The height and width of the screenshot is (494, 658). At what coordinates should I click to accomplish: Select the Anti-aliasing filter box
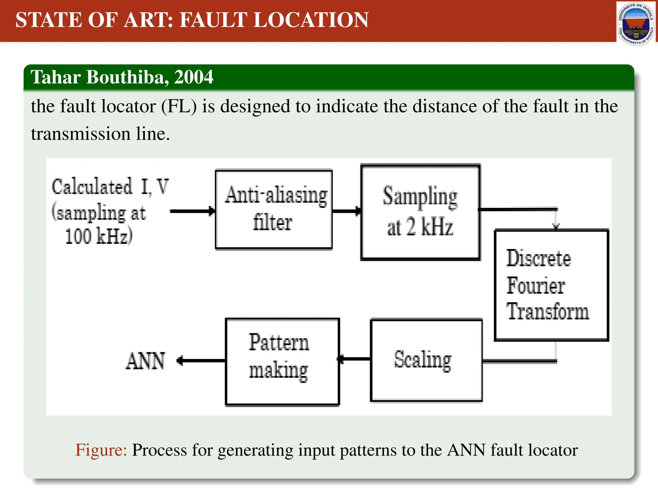click(x=274, y=210)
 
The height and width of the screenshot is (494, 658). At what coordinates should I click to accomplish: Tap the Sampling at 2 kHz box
click(x=420, y=212)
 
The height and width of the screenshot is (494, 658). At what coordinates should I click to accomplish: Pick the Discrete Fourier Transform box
click(x=551, y=285)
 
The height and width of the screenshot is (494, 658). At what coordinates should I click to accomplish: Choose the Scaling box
click(x=426, y=360)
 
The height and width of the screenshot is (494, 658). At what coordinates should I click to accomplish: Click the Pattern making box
click(x=282, y=361)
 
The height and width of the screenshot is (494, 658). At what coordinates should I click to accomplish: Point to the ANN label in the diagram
click(x=145, y=361)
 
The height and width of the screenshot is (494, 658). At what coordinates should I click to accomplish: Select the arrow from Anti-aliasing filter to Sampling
click(x=347, y=211)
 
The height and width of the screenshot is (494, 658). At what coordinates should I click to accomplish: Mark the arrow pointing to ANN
click(x=201, y=361)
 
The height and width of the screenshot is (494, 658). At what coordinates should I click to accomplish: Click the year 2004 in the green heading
click(x=193, y=77)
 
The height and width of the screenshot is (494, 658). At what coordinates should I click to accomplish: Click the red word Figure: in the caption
click(x=101, y=450)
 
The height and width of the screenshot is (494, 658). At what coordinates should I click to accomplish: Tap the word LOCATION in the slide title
click(x=311, y=20)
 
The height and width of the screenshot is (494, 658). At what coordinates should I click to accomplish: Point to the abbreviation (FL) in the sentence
click(x=179, y=106)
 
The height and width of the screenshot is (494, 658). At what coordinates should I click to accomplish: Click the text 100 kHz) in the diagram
click(x=99, y=236)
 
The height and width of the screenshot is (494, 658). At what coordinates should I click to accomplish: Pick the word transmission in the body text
click(x=81, y=134)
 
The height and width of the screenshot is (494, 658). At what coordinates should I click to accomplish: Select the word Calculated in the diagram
click(x=92, y=187)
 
